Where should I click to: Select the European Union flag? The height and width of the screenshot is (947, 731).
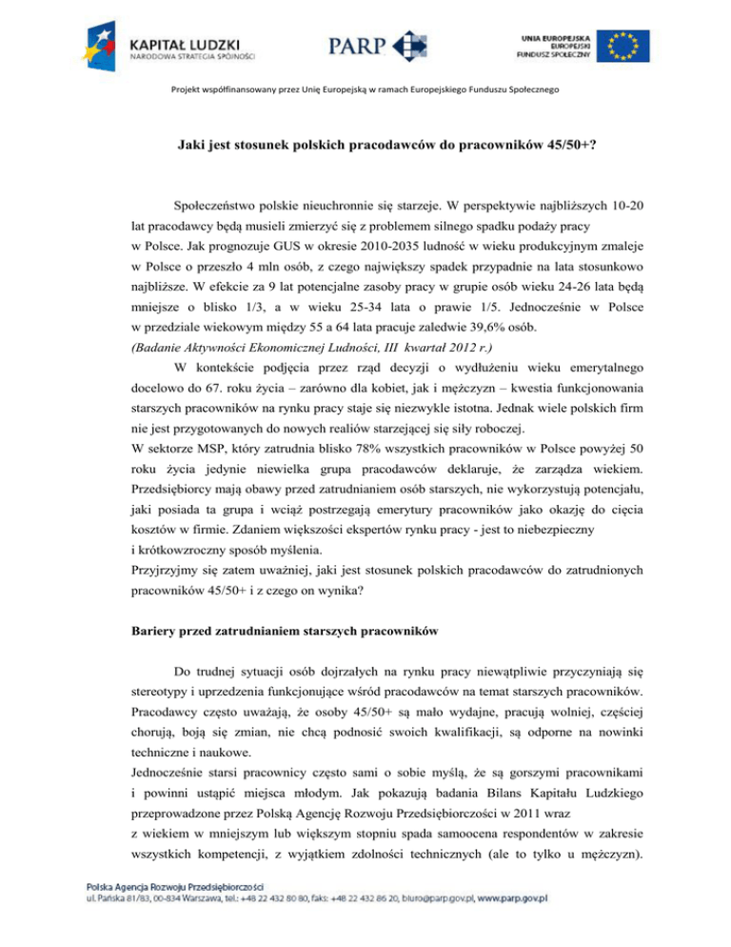(623, 44)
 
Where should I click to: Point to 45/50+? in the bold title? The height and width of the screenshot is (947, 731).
(524, 148)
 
